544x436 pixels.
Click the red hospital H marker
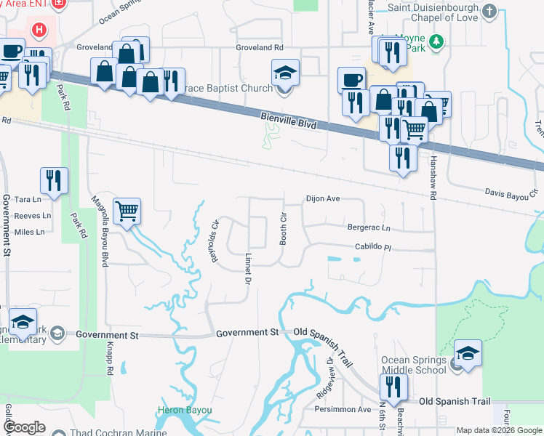[40, 31]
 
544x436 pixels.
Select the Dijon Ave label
[323, 198]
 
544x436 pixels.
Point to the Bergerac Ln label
[369, 227]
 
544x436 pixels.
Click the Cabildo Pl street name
[373, 247]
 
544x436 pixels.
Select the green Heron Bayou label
[185, 411]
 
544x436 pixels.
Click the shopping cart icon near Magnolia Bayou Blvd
[127, 211]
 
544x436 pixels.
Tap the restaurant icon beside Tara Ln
[54, 180]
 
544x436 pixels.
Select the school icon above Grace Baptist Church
[285, 72]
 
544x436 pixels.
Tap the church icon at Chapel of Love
[489, 12]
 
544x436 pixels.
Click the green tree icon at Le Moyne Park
[436, 41]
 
